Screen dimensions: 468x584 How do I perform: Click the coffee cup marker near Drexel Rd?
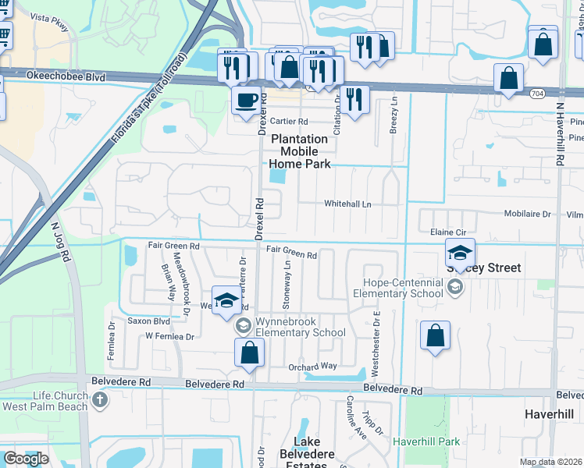247,101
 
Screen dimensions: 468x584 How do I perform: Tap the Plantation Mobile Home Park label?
300,151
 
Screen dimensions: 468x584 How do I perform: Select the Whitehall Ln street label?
347,204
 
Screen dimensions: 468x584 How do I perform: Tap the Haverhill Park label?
426,441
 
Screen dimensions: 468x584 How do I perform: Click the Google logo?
25,459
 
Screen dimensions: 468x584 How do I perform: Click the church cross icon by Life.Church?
99,400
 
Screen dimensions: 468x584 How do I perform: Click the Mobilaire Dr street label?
528,213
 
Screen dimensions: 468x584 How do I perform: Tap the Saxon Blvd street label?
149,321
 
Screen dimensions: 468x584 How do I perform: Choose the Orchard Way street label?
313,366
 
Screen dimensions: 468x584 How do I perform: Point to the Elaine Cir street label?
448,232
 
